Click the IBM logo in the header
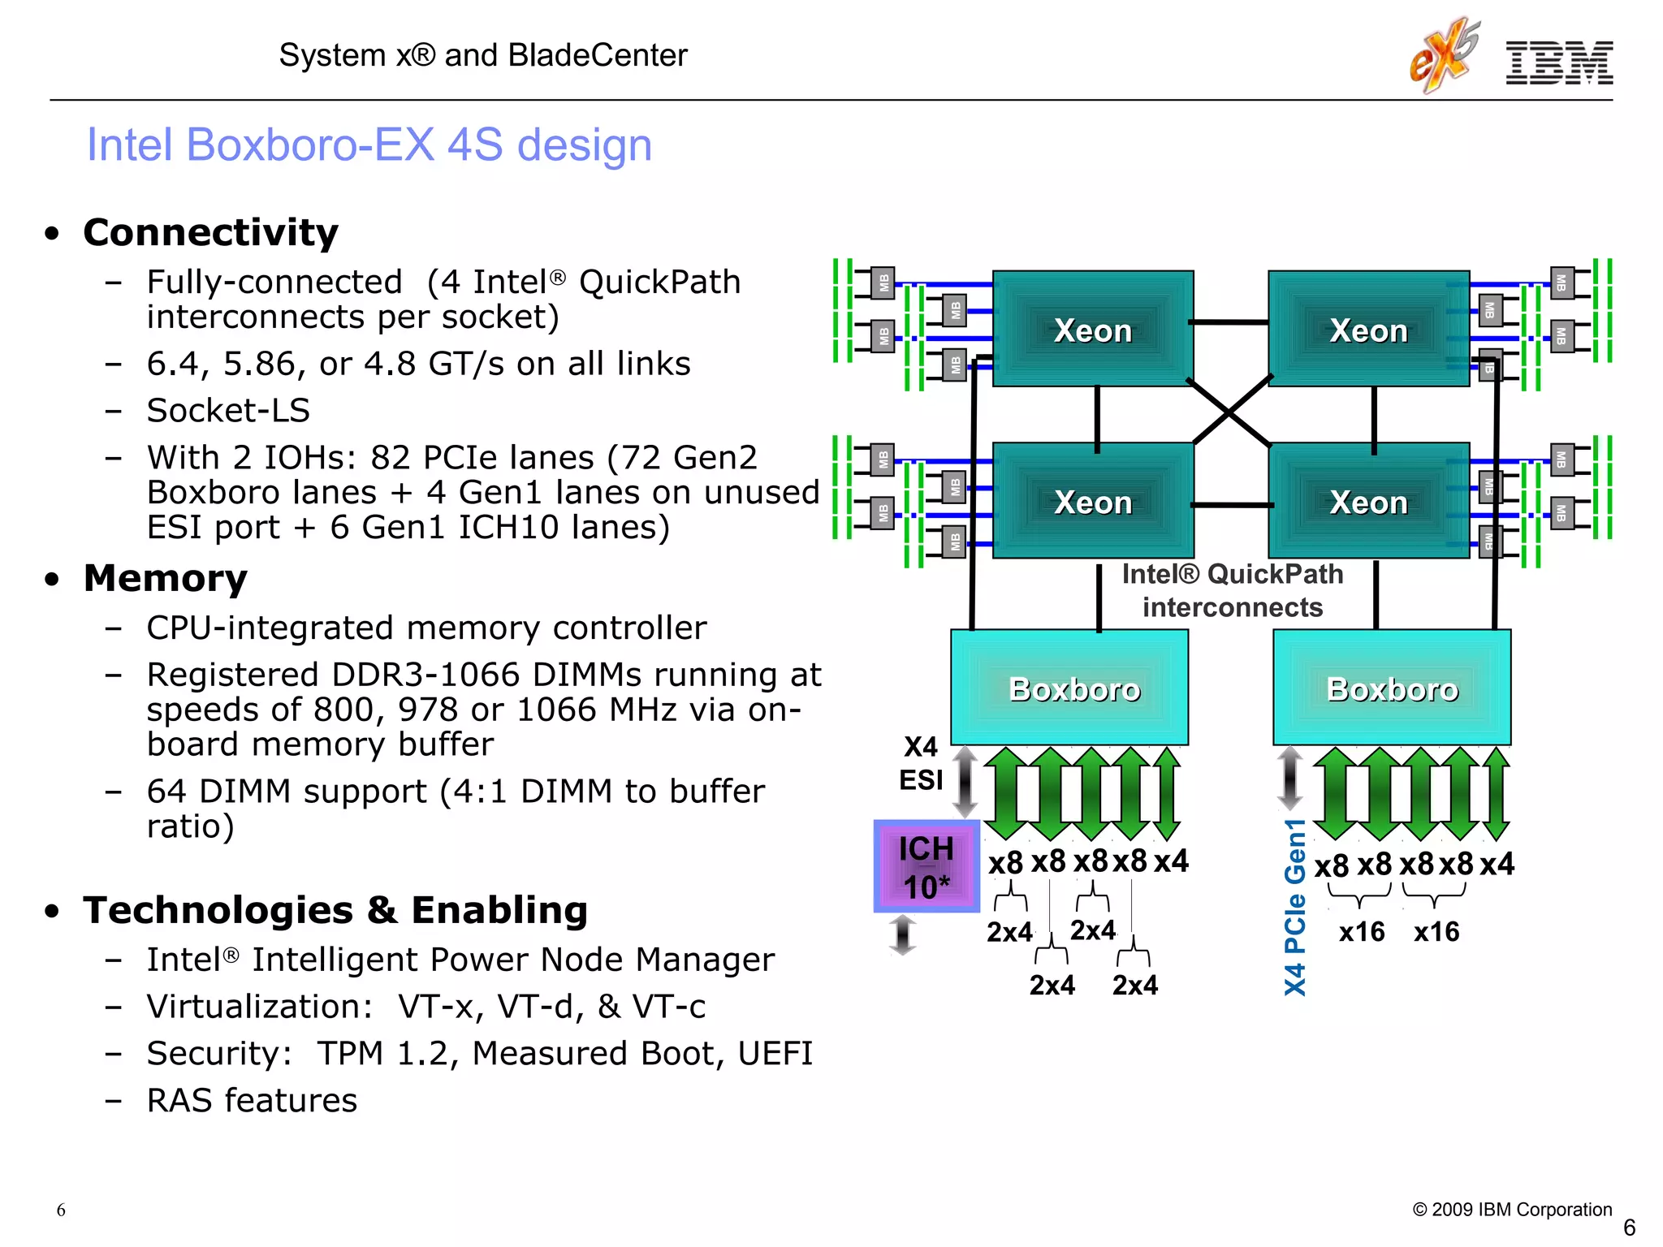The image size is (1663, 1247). pyautogui.click(x=1559, y=63)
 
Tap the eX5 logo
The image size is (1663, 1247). pyautogui.click(x=1443, y=55)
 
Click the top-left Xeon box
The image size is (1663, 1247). pyautogui.click(x=1092, y=329)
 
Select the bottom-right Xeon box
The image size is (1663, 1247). pyautogui.click(x=1368, y=501)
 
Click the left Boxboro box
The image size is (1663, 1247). pyautogui.click(x=1069, y=688)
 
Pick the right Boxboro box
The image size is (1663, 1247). pyautogui.click(x=1391, y=688)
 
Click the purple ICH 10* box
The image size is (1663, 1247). pyautogui.click(x=927, y=866)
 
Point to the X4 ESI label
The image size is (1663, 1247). pyautogui.click(x=921, y=763)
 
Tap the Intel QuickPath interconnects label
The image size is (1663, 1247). pyautogui.click(x=1232, y=590)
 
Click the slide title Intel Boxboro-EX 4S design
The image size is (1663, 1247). pyautogui.click(x=369, y=145)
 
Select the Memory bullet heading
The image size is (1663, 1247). pyautogui.click(x=166, y=578)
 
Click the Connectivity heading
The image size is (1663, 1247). pyautogui.click(x=210, y=232)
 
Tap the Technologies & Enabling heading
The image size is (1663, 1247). pyautogui.click(x=335, y=909)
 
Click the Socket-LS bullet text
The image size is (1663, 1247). pyautogui.click(x=228, y=410)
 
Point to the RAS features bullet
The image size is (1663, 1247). pyautogui.click(x=252, y=1100)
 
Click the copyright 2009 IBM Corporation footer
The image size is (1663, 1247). pyautogui.click(x=1512, y=1209)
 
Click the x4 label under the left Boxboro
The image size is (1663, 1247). pyautogui.click(x=1171, y=861)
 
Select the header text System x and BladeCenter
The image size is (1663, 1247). pyautogui.click(x=483, y=55)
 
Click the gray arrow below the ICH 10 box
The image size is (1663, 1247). pyautogui.click(x=902, y=934)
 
